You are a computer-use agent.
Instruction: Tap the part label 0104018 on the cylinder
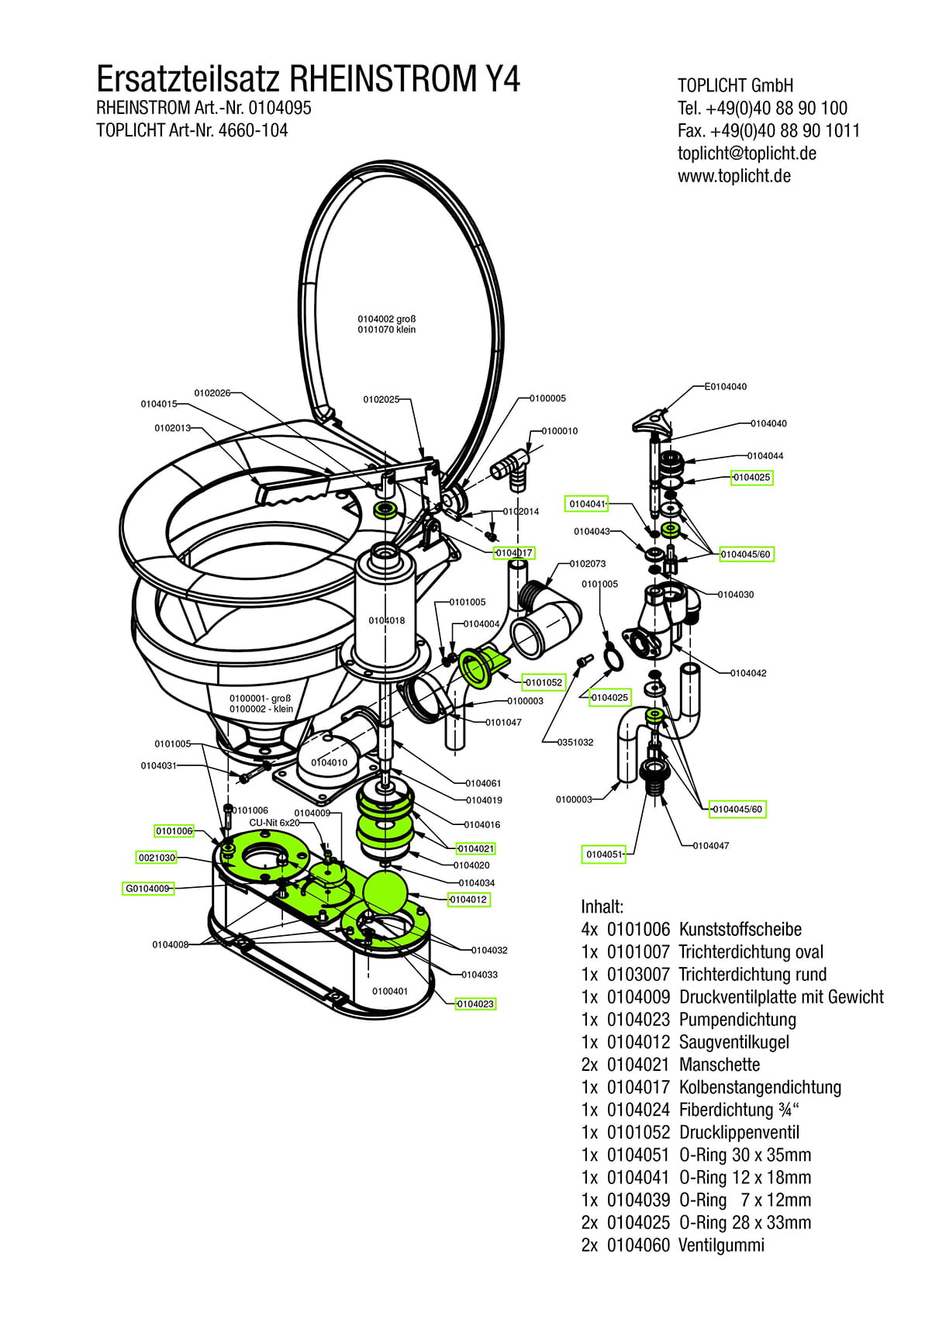(x=386, y=620)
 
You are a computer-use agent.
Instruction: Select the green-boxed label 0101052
(x=543, y=682)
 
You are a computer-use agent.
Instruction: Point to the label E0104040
(x=725, y=386)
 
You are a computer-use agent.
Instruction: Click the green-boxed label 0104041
(x=587, y=504)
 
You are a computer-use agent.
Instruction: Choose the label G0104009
(x=147, y=889)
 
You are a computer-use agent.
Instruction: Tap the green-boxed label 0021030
(x=156, y=858)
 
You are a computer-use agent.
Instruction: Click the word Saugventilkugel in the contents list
(x=734, y=1042)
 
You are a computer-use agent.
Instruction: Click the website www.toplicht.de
(x=734, y=176)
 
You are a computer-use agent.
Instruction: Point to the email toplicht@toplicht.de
(x=747, y=154)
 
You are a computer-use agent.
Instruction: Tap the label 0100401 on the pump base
(x=389, y=991)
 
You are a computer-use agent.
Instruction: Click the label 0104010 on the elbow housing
(x=330, y=762)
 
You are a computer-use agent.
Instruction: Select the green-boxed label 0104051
(x=605, y=855)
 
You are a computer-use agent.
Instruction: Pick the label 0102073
(x=587, y=564)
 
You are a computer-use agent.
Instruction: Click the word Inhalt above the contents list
(x=602, y=906)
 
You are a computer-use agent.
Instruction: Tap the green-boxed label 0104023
(x=475, y=1004)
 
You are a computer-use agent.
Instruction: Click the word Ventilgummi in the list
(x=721, y=1245)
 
